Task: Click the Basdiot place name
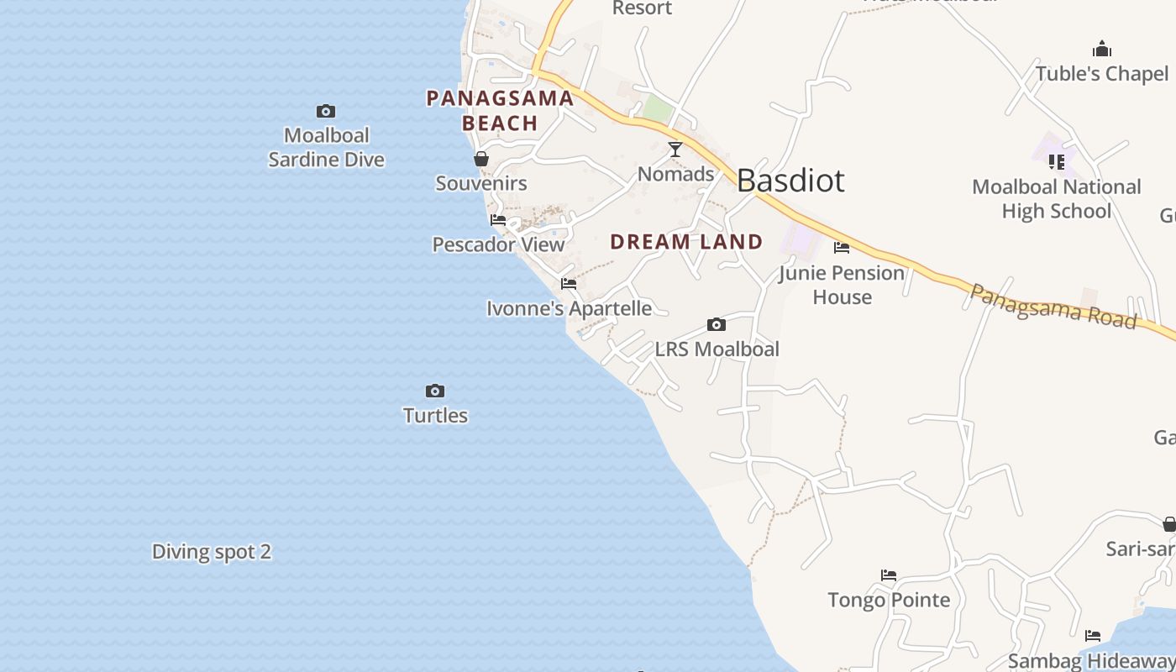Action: point(790,181)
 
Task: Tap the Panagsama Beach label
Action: point(500,111)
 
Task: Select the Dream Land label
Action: point(686,242)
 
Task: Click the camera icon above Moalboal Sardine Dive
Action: point(326,111)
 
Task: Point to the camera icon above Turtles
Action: point(435,391)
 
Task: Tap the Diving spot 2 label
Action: point(212,552)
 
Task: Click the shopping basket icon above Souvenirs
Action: point(481,159)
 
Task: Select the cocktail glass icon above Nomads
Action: point(675,150)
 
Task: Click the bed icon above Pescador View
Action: point(498,220)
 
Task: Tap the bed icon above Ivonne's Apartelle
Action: point(569,284)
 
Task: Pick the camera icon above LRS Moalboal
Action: point(717,324)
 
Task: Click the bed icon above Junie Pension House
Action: point(842,247)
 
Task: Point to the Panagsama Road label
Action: point(1053,307)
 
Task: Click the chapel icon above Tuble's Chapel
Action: point(1102,49)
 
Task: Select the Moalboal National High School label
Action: point(1057,199)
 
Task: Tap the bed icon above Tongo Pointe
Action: point(889,575)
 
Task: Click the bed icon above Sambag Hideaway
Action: point(1093,636)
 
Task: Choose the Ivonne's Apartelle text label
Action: point(570,308)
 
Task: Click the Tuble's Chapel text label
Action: point(1102,74)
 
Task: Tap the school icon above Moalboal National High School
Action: point(1057,161)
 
